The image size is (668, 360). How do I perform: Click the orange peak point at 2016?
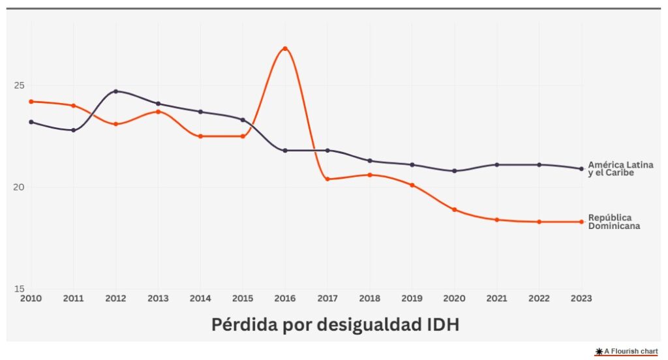[285, 49]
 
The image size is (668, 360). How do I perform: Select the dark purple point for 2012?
[115, 91]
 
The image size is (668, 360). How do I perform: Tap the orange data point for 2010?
[31, 102]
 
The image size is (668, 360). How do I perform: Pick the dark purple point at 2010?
[31, 122]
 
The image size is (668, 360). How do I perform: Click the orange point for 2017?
[327, 179]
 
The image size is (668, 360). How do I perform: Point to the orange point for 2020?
[454, 210]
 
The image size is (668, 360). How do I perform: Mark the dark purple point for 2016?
[285, 151]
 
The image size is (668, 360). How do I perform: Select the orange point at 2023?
[581, 222]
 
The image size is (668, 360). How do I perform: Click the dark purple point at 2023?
[581, 169]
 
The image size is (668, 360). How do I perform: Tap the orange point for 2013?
[158, 112]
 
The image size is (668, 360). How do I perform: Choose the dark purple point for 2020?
[454, 171]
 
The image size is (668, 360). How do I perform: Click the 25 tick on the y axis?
[19, 85]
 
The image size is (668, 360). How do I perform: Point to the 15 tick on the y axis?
[19, 289]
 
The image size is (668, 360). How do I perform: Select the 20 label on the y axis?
[19, 187]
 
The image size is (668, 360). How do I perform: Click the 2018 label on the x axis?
[370, 299]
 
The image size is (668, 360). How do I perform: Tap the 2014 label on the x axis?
[200, 299]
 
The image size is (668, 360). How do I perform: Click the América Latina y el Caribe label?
[620, 169]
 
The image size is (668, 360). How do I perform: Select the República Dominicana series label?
[613, 222]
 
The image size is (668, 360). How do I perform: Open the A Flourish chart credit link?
[626, 352]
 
